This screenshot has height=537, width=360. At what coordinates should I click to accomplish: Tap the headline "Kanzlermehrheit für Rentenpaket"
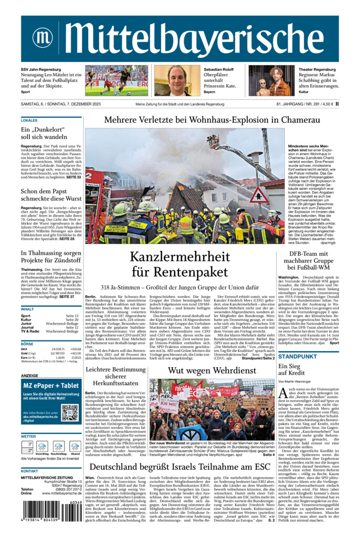[178, 265]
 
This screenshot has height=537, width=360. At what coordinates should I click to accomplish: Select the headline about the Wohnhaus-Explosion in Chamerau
[212, 120]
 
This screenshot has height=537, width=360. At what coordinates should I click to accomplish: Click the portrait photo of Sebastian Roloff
[176, 80]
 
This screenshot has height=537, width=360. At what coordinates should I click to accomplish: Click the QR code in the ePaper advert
[69, 412]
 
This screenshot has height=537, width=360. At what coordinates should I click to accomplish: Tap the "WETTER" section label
[28, 436]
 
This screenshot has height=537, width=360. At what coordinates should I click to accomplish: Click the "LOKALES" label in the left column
[29, 120]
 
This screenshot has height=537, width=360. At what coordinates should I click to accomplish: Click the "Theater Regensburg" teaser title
[317, 70]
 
